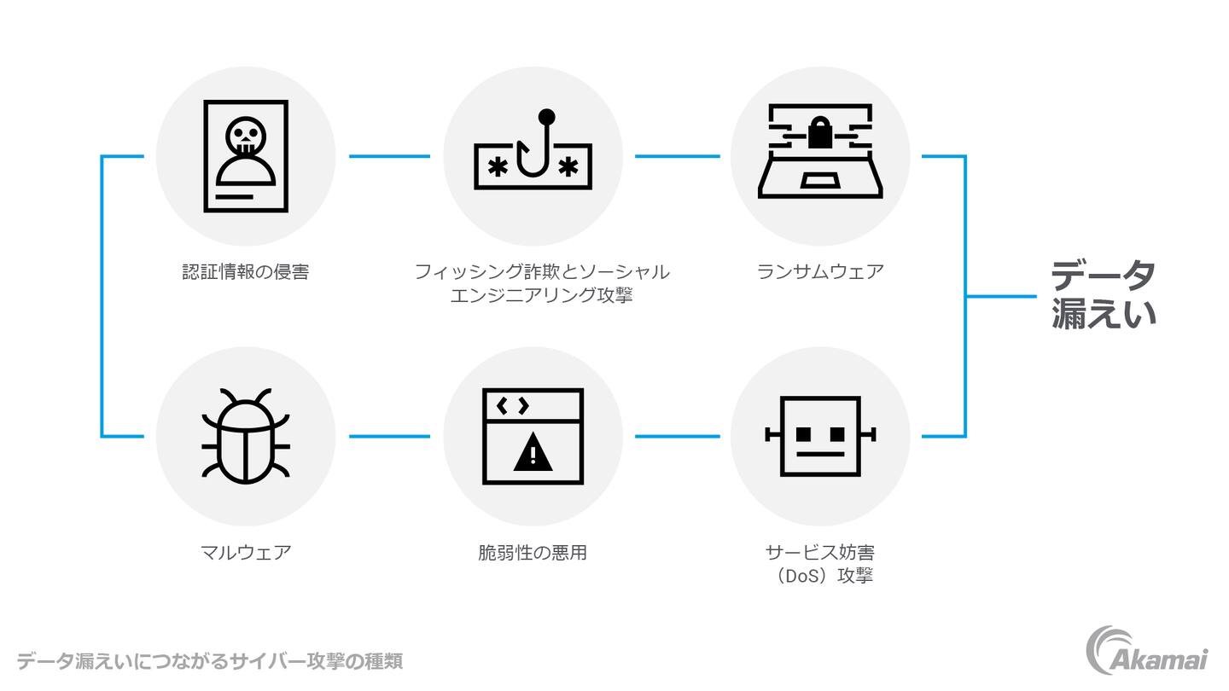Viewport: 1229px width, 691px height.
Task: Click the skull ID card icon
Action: click(245, 156)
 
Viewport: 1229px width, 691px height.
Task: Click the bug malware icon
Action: click(245, 436)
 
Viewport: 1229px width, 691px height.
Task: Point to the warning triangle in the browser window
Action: click(533, 453)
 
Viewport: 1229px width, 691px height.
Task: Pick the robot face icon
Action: click(820, 436)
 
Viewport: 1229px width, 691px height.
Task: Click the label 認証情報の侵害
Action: click(245, 272)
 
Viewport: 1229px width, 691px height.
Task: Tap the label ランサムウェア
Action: click(820, 272)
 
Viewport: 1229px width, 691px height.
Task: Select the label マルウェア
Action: click(245, 553)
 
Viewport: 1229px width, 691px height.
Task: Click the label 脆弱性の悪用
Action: click(533, 553)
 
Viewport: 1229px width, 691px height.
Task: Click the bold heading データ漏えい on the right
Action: click(1103, 295)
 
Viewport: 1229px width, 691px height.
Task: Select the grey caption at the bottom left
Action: click(209, 661)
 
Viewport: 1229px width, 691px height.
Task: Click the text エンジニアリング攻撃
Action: click(541, 296)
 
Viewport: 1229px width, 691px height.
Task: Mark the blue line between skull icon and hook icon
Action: click(389, 156)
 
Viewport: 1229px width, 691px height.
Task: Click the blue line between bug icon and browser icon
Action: click(389, 436)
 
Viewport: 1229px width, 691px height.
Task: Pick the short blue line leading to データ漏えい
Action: click(1000, 296)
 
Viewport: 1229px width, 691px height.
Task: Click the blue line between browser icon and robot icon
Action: click(677, 436)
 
